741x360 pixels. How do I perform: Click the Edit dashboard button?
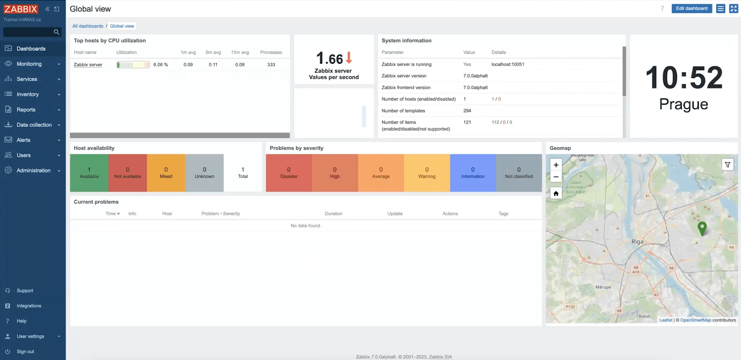click(x=691, y=9)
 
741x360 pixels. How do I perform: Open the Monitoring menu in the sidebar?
click(x=29, y=64)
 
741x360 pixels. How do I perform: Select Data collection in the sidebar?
click(x=34, y=125)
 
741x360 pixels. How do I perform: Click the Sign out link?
click(x=25, y=351)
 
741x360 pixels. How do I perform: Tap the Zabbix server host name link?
click(x=88, y=65)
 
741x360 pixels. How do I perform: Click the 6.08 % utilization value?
click(x=160, y=65)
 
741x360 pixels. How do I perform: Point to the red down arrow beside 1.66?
click(x=349, y=58)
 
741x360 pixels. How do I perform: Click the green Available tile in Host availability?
click(x=89, y=173)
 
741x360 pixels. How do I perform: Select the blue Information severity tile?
click(x=473, y=173)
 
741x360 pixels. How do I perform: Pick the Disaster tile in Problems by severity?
click(x=289, y=173)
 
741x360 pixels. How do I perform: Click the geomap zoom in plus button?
click(x=556, y=165)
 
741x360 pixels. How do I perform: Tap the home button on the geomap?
click(x=556, y=193)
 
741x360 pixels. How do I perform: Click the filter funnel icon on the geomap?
click(x=727, y=165)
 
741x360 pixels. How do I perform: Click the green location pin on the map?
click(x=702, y=228)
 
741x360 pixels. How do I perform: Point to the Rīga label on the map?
click(x=637, y=242)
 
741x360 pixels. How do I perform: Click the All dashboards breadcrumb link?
click(x=88, y=26)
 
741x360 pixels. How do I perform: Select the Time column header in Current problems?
click(x=112, y=214)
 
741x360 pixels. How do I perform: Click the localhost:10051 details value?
click(x=508, y=64)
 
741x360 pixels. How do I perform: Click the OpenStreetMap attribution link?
click(x=696, y=320)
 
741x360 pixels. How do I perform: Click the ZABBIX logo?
click(x=21, y=9)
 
